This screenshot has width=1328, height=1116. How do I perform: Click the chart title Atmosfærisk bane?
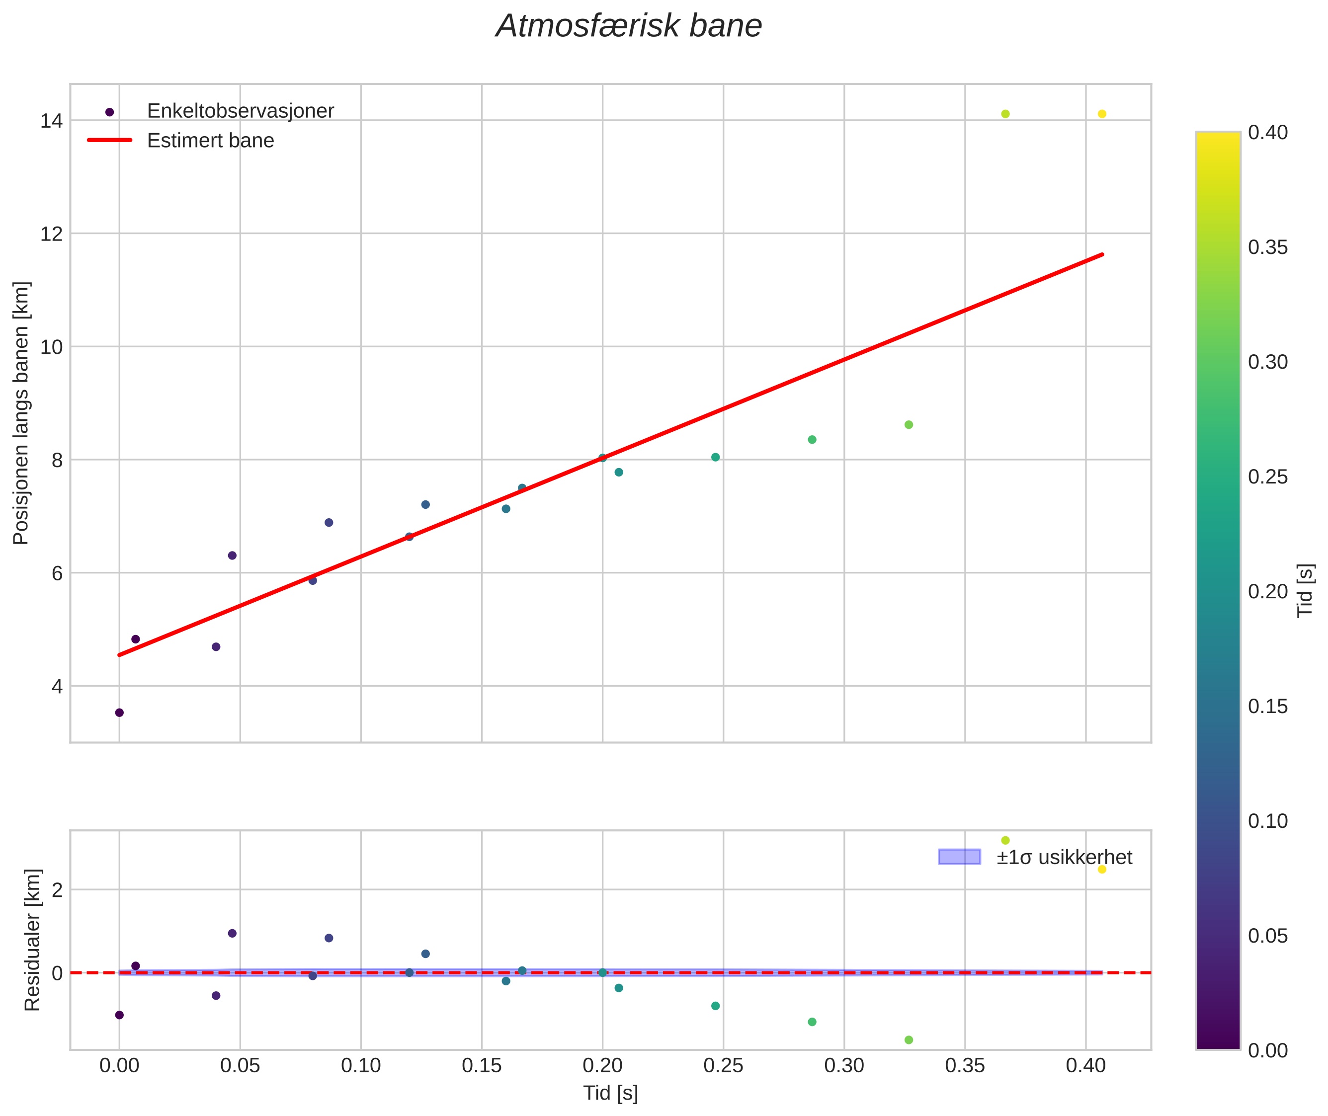coord(629,26)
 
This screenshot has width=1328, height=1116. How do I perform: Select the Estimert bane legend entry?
coord(210,141)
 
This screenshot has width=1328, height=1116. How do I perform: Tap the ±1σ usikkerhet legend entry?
coord(1064,857)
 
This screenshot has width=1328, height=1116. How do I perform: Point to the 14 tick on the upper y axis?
coord(51,121)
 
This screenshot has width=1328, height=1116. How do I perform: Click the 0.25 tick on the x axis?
coord(723,1066)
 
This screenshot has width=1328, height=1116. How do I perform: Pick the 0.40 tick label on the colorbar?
coord(1268,132)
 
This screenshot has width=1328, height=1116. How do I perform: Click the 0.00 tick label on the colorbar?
coord(1268,1051)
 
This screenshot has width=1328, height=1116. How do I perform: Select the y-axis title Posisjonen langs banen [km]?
coord(21,413)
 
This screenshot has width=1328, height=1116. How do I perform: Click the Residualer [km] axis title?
coord(32,940)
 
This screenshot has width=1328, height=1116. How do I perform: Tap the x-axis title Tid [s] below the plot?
coord(610,1093)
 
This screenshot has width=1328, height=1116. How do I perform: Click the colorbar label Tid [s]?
coord(1305,590)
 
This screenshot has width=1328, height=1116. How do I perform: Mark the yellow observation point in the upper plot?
coord(1101,114)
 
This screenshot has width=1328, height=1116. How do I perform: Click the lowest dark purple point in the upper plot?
coord(119,713)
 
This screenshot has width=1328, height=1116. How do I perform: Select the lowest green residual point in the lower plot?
coord(909,1040)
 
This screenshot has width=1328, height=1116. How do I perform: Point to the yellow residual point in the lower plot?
coord(1101,869)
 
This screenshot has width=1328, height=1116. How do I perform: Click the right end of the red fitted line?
coord(1102,254)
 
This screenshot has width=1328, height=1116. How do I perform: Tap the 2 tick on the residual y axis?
coord(57,890)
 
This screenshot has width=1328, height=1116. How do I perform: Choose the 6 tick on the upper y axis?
coord(57,573)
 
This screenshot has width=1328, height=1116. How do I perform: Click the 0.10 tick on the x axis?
coord(361,1066)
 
